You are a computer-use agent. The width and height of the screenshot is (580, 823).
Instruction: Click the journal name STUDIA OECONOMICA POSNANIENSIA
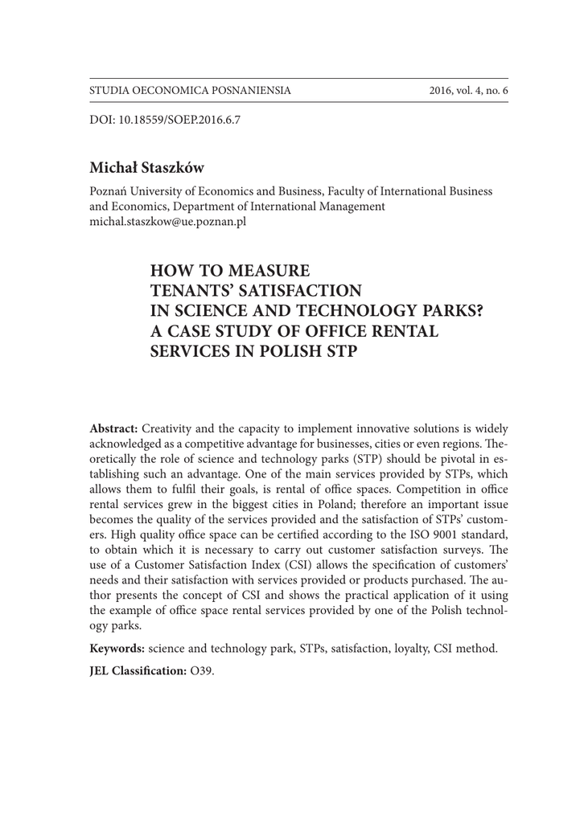(x=190, y=91)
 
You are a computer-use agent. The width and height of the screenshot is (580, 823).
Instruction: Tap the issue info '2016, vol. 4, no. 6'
(x=469, y=91)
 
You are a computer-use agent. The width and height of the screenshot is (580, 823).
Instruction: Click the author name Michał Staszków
(x=146, y=167)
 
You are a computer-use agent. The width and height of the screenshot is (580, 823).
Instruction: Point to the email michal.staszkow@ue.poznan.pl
(x=167, y=221)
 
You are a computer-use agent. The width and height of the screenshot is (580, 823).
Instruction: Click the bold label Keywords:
(x=117, y=648)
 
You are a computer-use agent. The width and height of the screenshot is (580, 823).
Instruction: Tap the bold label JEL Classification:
(x=138, y=670)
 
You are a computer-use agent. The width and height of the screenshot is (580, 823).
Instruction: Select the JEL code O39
(x=203, y=670)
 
